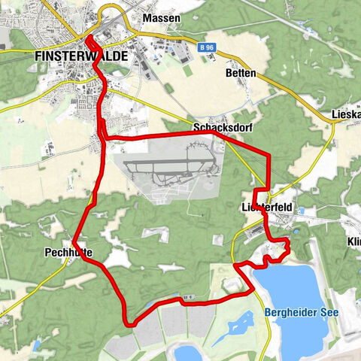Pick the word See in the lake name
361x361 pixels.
tap(330, 312)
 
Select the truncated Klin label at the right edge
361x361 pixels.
tap(353, 242)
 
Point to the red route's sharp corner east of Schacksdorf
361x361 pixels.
tap(268, 155)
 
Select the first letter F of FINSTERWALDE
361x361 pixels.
tap(38, 56)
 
